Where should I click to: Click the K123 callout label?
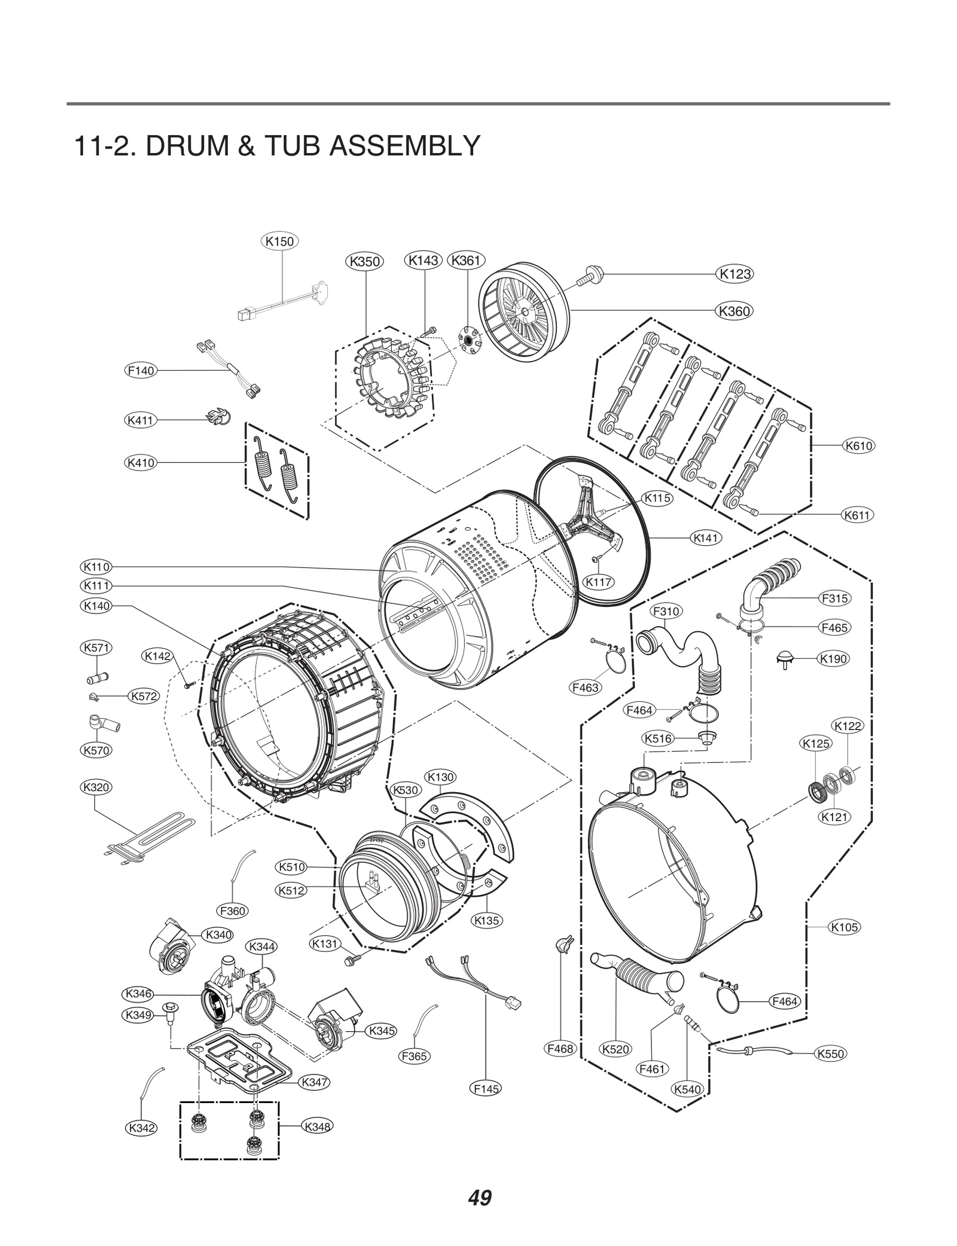point(734,274)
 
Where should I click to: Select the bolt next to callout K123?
point(590,276)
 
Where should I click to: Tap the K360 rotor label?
point(734,311)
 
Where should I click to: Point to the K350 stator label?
point(365,261)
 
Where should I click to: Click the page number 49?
point(480,1198)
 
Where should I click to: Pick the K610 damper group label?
point(859,445)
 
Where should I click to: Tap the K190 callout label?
point(833,659)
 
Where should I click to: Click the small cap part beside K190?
point(786,659)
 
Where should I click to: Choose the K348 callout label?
point(317,1126)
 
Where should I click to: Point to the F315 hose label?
point(834,598)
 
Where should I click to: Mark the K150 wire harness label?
point(279,242)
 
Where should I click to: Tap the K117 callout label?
point(599,582)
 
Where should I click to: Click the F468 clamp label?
point(560,1048)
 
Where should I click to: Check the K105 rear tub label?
point(845,927)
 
